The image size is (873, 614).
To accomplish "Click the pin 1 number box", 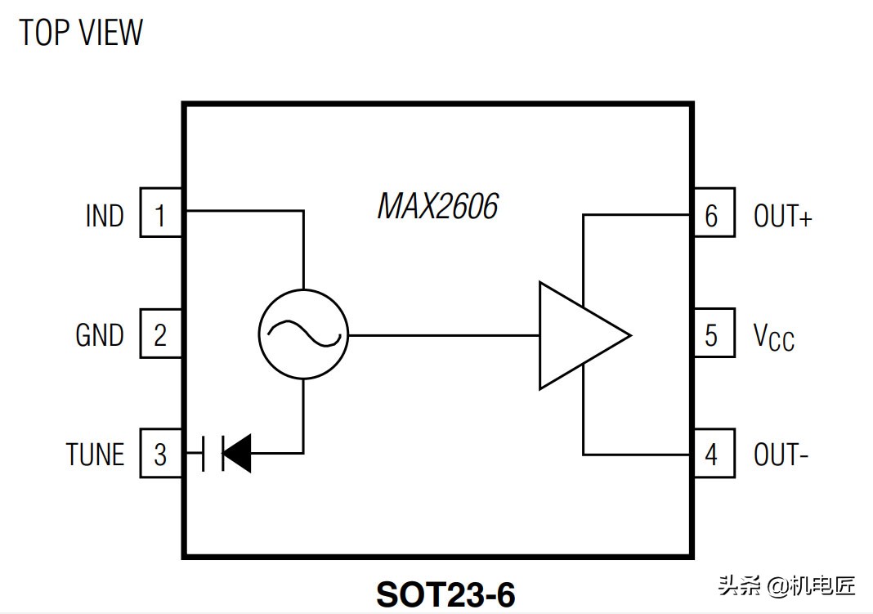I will coord(160,215).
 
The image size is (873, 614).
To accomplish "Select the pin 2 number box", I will coord(160,334).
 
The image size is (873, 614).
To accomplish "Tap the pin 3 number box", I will coord(160,454).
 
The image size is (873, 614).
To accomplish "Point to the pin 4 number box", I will coord(713,454).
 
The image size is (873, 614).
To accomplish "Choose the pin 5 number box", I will coord(713,334).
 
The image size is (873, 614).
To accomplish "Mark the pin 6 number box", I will coord(713,215).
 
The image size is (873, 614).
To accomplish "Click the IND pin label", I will coord(105,216).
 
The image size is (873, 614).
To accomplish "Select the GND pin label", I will coord(100,335).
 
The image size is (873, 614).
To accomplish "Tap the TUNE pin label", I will coord(95,455).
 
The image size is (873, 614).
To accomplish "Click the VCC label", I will coord(773,336).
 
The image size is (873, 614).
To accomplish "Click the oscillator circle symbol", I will coord(302,334).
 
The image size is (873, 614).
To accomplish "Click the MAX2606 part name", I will coord(437,207).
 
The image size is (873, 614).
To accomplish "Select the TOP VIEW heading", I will coord(81,33).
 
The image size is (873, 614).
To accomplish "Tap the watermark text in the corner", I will coord(786,585).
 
